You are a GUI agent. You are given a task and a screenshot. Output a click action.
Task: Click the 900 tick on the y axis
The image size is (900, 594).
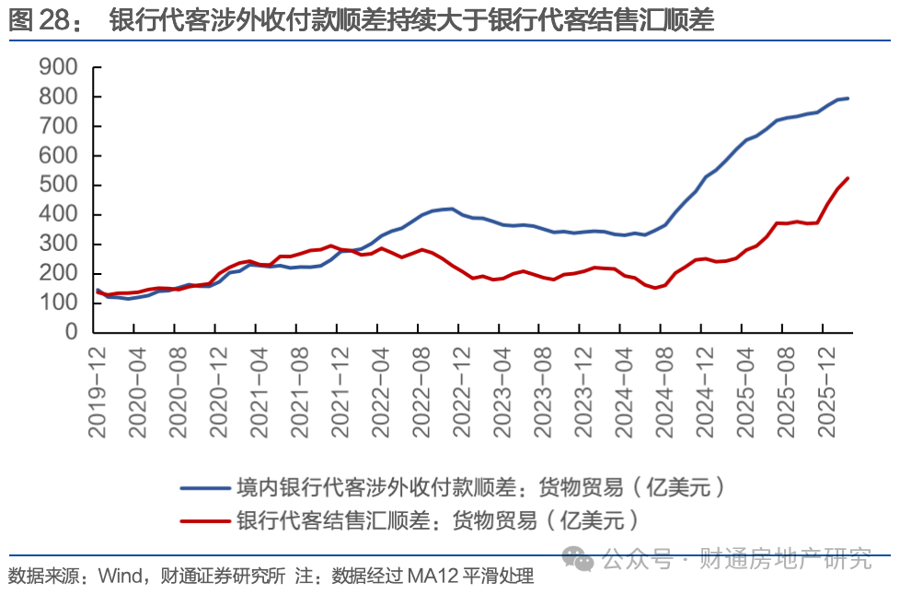coord(61,68)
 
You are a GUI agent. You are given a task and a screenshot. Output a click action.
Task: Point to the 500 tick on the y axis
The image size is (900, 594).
coord(61,186)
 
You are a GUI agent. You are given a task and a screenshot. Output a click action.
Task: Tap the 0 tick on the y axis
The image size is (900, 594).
coord(74,333)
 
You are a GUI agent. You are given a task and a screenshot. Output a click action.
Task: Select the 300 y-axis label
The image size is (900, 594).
coord(61,245)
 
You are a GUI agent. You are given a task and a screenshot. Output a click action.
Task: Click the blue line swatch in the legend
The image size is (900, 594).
coord(204,487)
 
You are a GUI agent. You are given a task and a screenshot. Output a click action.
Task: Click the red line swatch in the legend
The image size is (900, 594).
coord(204,520)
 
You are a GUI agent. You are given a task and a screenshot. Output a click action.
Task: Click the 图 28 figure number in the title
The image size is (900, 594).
coord(42,20)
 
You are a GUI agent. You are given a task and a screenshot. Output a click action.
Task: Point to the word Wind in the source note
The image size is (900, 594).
coord(118,577)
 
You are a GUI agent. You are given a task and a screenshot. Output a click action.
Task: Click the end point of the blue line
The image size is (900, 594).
coord(848,98)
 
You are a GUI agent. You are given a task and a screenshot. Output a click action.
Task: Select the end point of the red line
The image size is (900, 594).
coord(848,178)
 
